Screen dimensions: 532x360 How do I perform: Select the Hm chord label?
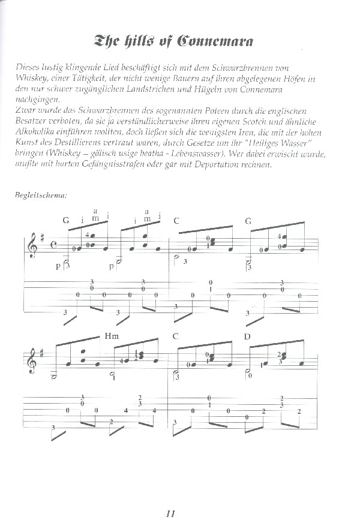(112, 336)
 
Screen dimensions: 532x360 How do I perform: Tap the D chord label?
(247, 336)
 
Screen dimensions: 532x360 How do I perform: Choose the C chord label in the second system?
(175, 336)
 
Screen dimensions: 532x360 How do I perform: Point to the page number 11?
(171, 513)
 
